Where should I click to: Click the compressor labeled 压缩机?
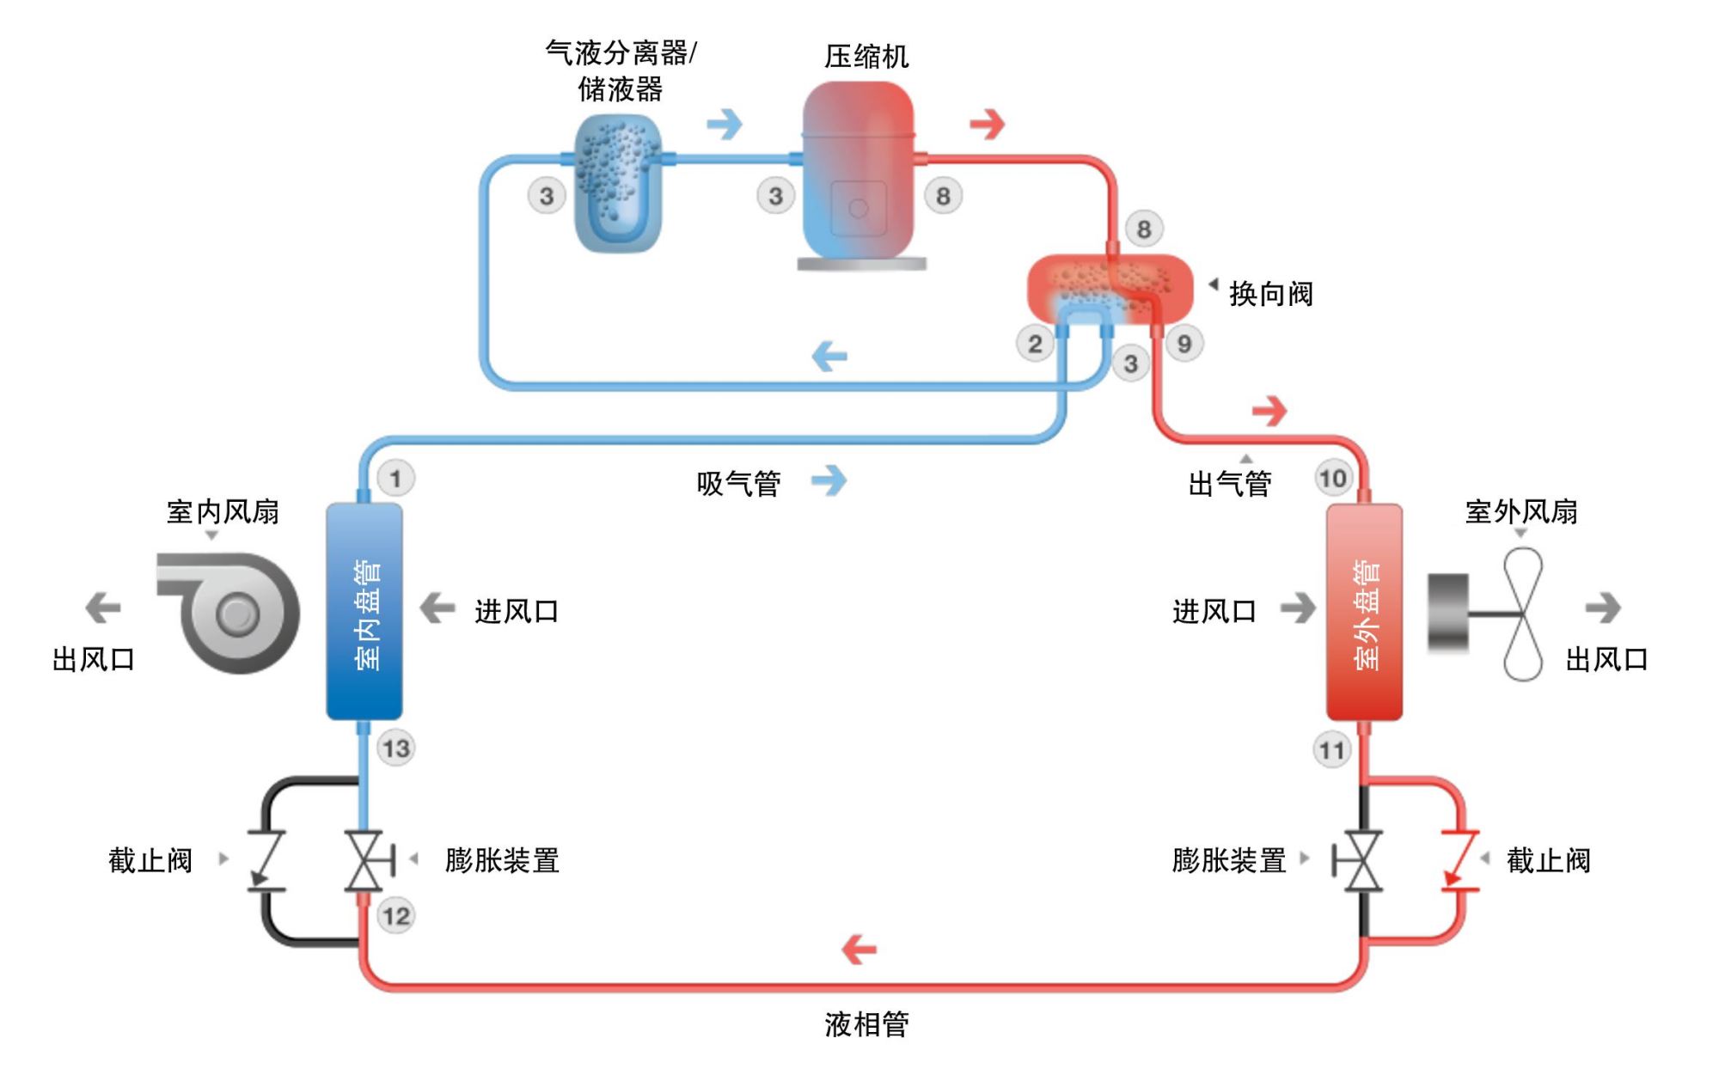click(x=858, y=172)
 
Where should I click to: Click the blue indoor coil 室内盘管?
click(x=364, y=612)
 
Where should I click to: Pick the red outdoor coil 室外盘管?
click(x=1364, y=612)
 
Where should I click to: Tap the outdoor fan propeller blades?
click(x=1523, y=614)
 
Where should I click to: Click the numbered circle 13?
click(x=396, y=748)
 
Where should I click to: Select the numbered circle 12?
click(x=396, y=916)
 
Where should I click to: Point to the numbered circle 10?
click(x=1333, y=479)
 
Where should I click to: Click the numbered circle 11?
click(x=1331, y=750)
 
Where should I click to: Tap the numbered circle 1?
click(x=395, y=479)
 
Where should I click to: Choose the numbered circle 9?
click(x=1184, y=344)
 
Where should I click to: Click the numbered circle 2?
click(x=1035, y=345)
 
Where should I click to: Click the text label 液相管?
click(x=866, y=1024)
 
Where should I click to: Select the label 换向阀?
click(x=1270, y=295)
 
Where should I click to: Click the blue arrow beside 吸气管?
click(x=829, y=480)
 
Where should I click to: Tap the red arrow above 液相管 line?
click(x=859, y=950)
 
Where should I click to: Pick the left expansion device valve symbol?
click(x=364, y=859)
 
